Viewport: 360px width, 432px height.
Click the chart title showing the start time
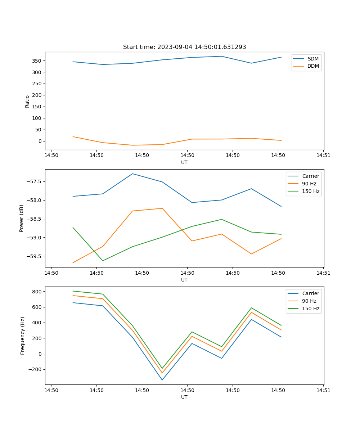coord(184,47)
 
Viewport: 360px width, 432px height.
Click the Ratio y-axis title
coord(27,101)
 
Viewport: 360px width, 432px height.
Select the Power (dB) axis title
coord(22,218)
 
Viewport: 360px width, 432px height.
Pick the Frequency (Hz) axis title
coord(23,336)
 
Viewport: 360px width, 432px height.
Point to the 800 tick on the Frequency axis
coord(37,291)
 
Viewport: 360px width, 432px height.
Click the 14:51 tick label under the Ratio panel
coord(323,156)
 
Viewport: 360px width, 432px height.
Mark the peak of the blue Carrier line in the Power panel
coord(132,174)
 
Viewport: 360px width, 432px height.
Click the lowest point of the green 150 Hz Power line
coord(103,261)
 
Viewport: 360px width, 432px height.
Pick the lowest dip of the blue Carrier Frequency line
coord(162,380)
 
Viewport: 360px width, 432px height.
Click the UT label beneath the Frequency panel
coord(184,397)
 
